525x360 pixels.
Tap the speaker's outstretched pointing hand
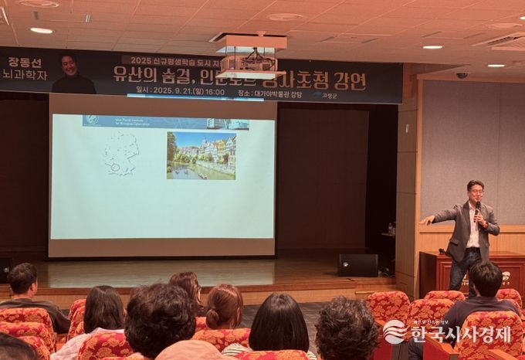pyautogui.click(x=426, y=220)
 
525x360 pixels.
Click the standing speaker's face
pyautogui.click(x=476, y=192)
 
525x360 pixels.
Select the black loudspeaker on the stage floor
pyautogui.click(x=357, y=265)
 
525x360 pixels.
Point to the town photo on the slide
pyautogui.click(x=201, y=155)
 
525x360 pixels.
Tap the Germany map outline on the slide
pyautogui.click(x=120, y=151)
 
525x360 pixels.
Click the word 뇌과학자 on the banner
pyautogui.click(x=23, y=79)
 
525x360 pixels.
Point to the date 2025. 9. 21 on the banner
pyautogui.click(x=176, y=91)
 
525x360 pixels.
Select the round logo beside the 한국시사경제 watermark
pyautogui.click(x=395, y=331)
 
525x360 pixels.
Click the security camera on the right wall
pyautogui.click(x=462, y=75)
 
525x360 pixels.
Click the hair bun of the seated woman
pyautogui.click(x=224, y=296)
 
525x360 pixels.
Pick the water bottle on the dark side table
pyautogui.click(x=391, y=229)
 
